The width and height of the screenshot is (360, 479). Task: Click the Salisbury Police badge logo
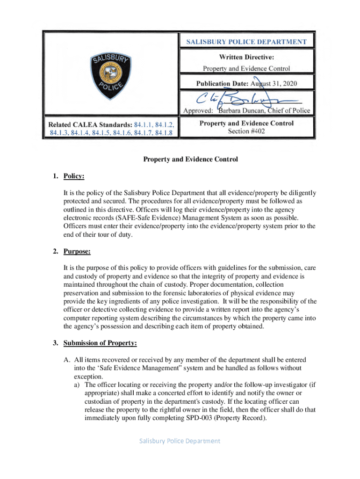pyautogui.click(x=111, y=76)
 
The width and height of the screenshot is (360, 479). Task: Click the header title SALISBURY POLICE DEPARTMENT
pyautogui.click(x=246, y=42)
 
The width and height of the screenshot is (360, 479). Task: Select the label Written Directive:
pyautogui.click(x=246, y=57)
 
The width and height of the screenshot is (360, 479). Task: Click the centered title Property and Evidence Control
pyautogui.click(x=190, y=160)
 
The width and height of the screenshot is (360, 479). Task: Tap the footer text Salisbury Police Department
pyautogui.click(x=180, y=441)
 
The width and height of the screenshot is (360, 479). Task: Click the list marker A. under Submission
pyautogui.click(x=67, y=360)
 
